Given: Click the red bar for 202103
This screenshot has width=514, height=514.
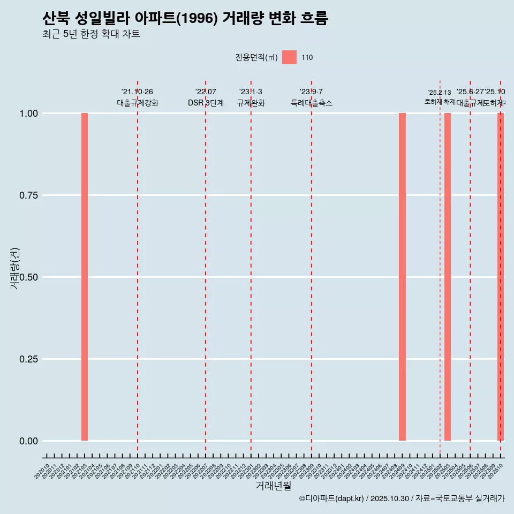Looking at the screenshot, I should point(85,277).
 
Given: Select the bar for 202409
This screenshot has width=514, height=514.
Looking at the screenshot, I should point(402,277).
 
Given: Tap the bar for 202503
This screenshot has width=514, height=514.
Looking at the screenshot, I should point(448,277).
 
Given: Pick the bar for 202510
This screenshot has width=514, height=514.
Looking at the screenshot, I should point(501,277).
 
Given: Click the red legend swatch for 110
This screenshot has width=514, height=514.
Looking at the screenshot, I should point(289,57).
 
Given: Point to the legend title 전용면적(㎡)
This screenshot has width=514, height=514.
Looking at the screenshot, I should point(256,57).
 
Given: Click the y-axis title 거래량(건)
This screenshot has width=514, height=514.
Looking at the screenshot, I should point(15,268).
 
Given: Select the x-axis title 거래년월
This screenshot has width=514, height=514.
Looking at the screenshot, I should point(273,486).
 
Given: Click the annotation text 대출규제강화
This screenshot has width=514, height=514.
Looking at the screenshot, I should point(137,103).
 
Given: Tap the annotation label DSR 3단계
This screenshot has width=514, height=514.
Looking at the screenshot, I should point(206,103).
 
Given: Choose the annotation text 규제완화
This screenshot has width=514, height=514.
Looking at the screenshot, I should point(251,103).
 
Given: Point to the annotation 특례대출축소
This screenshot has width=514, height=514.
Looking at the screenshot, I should point(311,103).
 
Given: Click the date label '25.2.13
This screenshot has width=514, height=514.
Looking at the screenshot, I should point(440,93).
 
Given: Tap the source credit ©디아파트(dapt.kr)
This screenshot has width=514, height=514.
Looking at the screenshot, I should point(331,498).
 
